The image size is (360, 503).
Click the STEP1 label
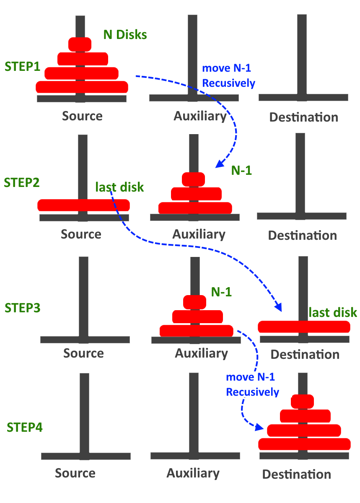[x=22, y=66]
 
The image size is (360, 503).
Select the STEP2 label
[x=21, y=183]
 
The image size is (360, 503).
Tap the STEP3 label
[x=22, y=307]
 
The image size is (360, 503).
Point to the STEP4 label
[x=25, y=428]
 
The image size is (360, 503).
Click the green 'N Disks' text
[x=125, y=35]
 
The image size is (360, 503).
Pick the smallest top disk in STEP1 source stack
[x=80, y=44]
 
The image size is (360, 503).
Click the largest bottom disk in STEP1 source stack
[x=82, y=87]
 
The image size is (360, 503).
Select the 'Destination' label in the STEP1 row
[x=303, y=117]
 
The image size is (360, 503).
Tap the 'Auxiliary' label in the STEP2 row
[x=199, y=234]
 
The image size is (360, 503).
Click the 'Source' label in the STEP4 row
[x=75, y=473]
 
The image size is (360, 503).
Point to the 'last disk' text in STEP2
[x=119, y=187]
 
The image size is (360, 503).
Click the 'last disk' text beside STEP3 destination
[x=333, y=312]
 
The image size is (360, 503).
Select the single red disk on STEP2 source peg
[x=83, y=205]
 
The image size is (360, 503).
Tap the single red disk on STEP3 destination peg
[x=304, y=327]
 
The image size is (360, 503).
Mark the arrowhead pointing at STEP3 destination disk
[x=278, y=307]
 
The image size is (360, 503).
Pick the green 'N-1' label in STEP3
[x=221, y=292]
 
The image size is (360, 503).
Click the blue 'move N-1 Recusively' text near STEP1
[x=228, y=76]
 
